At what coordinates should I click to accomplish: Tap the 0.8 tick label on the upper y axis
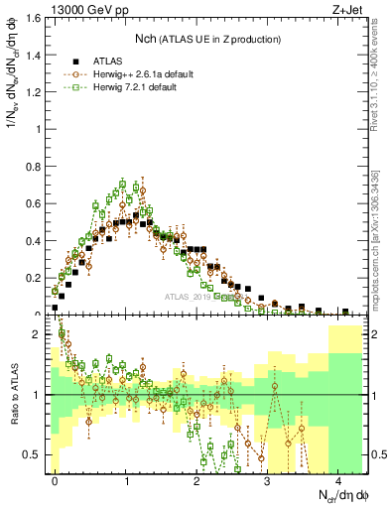[37, 166]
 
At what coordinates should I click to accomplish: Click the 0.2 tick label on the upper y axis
[37, 277]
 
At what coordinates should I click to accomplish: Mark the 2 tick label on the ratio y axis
[41, 335]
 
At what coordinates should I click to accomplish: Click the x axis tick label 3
[267, 481]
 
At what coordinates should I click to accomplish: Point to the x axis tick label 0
[55, 481]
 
